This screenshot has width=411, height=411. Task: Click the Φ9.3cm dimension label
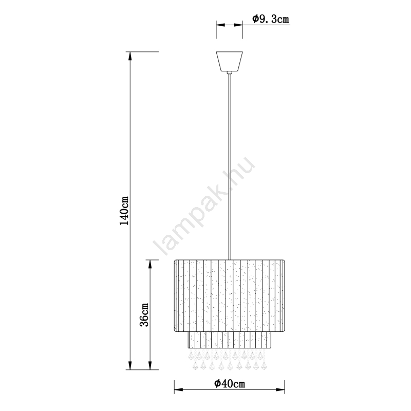click(271, 19)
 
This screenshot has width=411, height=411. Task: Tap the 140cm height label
click(124, 211)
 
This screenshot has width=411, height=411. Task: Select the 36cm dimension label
click(144, 315)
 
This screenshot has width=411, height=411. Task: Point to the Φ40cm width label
click(230, 384)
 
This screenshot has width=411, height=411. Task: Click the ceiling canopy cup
click(229, 61)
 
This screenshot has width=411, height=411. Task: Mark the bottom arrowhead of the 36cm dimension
click(150, 365)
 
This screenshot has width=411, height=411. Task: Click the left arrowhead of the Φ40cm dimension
click(179, 390)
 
